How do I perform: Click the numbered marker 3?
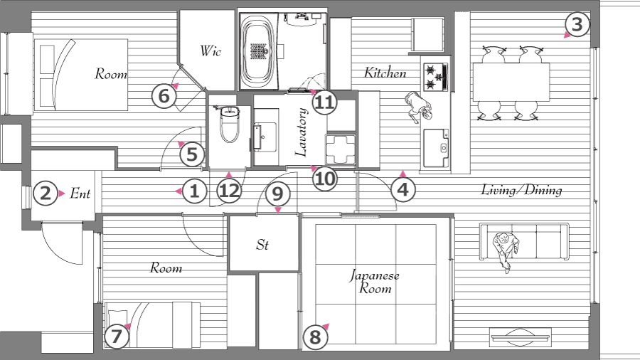click(x=577, y=24)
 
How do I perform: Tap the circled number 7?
click(x=117, y=337)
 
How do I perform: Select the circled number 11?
click(x=325, y=102)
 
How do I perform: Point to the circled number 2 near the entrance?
click(x=46, y=193)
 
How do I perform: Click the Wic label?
click(x=210, y=51)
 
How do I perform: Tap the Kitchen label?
click(x=385, y=73)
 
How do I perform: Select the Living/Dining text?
click(x=522, y=190)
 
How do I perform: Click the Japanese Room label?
click(x=374, y=282)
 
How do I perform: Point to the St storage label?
click(x=262, y=245)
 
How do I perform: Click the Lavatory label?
click(x=301, y=132)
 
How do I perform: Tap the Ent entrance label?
click(x=80, y=194)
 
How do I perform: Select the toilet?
click(x=230, y=123)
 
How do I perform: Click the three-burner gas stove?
click(x=436, y=77)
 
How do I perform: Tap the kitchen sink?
click(x=436, y=148)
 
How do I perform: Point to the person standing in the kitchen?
click(x=418, y=107)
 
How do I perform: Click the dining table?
click(x=511, y=82)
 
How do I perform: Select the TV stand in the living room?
click(x=521, y=337)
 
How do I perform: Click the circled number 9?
click(x=277, y=194)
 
